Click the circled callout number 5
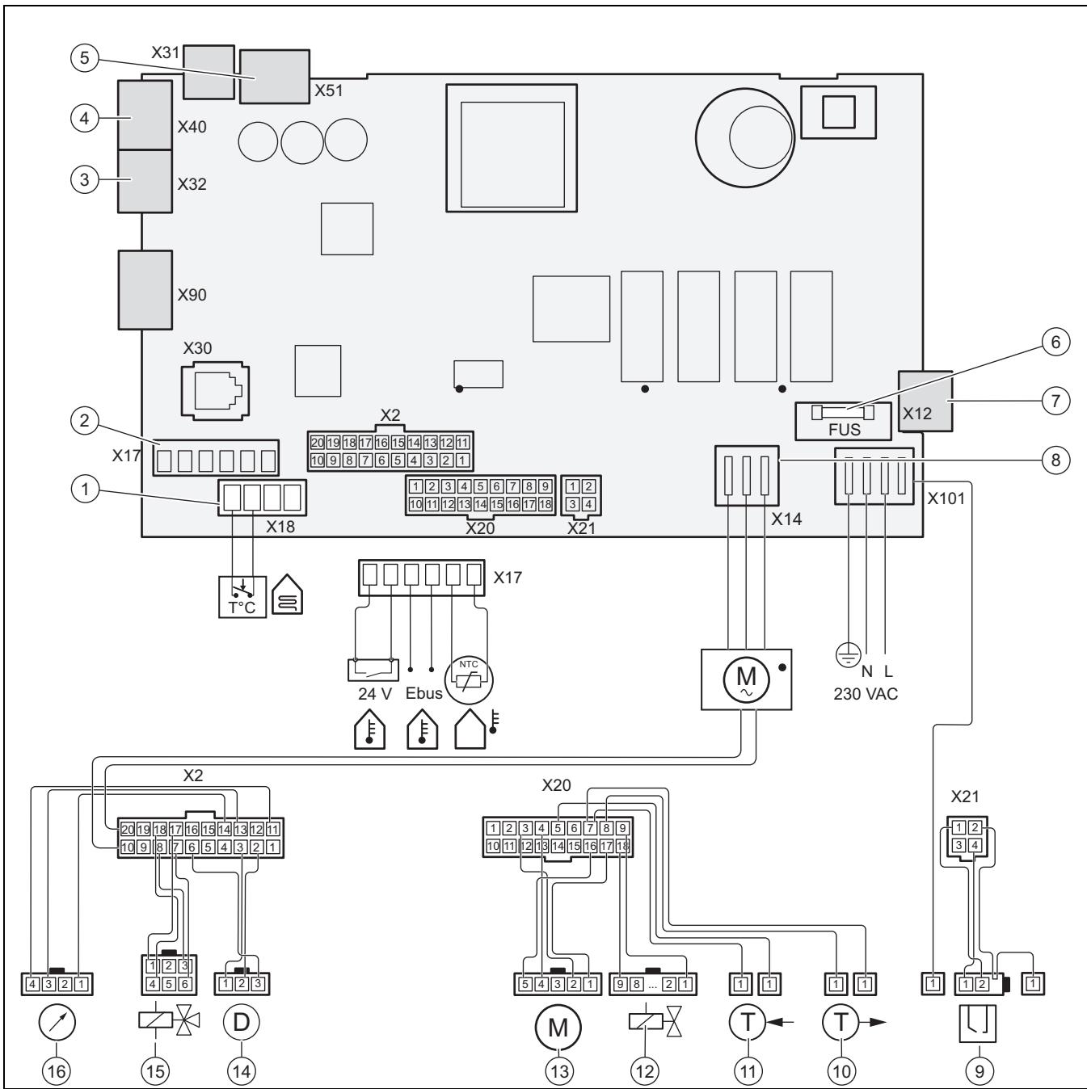click(x=84, y=57)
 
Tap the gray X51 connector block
click(x=275, y=77)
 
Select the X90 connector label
click(x=192, y=294)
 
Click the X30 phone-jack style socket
click(x=216, y=392)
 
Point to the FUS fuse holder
click(x=843, y=421)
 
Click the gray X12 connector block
click(x=925, y=402)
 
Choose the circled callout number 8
click(x=1055, y=460)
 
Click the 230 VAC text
click(x=866, y=694)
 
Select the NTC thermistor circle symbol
click(x=469, y=679)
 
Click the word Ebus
click(x=423, y=693)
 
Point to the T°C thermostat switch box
click(x=242, y=597)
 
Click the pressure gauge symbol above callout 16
click(x=57, y=1022)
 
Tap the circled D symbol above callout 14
click(x=242, y=1022)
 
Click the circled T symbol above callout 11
click(x=748, y=1022)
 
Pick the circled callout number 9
click(x=980, y=1071)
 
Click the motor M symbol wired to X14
click(x=747, y=679)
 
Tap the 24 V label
click(x=375, y=694)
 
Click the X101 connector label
click(x=946, y=498)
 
